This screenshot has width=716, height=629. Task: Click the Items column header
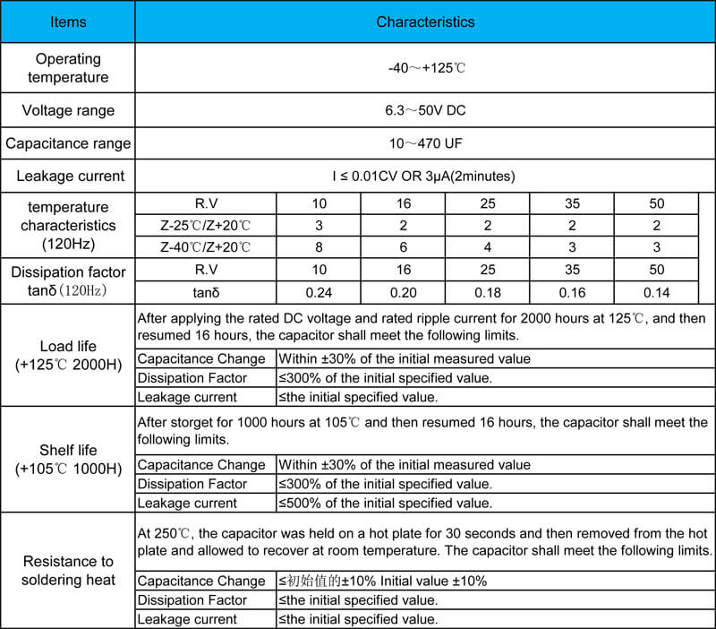[x=68, y=22]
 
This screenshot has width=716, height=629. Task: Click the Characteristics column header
[x=425, y=22]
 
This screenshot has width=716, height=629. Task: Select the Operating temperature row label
[x=68, y=68]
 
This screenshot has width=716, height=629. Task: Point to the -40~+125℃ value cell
[x=425, y=68]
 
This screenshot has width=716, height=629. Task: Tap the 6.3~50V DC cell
[x=425, y=111]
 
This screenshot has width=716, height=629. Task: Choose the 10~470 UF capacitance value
[x=425, y=143]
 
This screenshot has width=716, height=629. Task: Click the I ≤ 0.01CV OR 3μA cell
[x=425, y=176]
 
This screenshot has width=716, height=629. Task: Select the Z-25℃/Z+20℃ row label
[x=206, y=226]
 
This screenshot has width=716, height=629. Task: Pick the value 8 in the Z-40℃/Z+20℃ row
[x=320, y=247]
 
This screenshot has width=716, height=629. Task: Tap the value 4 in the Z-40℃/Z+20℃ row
[x=488, y=247]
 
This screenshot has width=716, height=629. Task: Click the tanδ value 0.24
[x=320, y=292]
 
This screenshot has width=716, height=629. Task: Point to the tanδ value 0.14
[x=657, y=292]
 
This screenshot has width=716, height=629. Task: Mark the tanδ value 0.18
[x=488, y=292]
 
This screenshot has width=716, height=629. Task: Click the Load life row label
[x=68, y=356]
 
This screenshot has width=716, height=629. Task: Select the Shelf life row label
[x=68, y=459]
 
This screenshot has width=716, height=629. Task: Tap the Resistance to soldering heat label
[x=68, y=571]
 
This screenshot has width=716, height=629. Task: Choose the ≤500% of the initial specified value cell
[x=386, y=503]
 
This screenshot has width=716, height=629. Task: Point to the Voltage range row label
[x=68, y=111]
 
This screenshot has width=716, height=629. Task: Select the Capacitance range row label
[x=68, y=143]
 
